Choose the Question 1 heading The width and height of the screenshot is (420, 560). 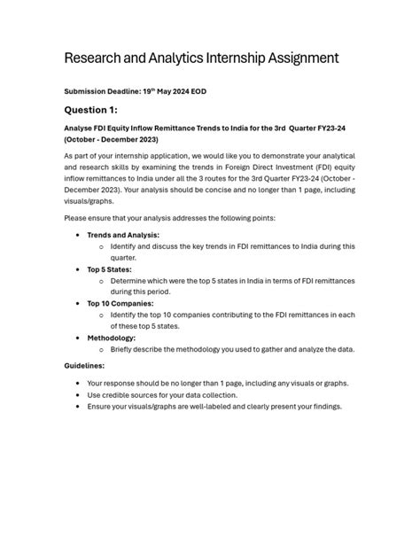pos(92,110)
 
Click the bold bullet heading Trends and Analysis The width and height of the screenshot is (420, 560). pos(123,235)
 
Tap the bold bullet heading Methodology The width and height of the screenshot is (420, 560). pos(112,337)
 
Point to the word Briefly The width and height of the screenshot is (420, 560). pos(125,348)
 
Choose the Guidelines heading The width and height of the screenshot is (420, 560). pos(85,365)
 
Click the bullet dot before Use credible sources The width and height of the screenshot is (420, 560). pos(79,394)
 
